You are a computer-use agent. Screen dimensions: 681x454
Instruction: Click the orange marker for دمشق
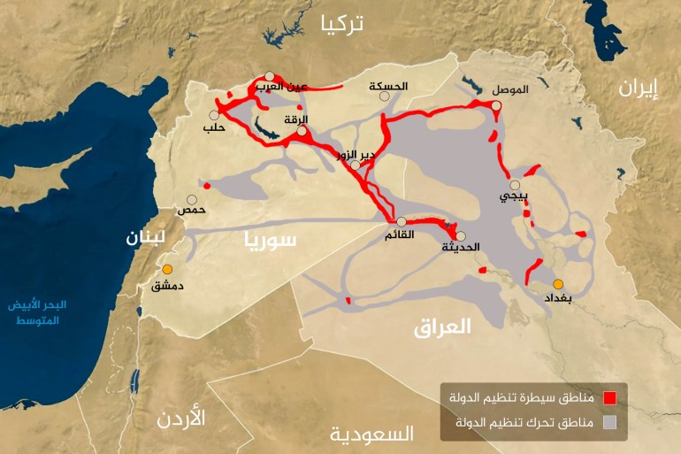[x=167, y=269]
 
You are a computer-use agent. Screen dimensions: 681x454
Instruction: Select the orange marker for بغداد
[x=558, y=284]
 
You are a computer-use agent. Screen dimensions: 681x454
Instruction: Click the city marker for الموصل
[x=497, y=105]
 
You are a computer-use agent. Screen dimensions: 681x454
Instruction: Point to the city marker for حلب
[x=214, y=115]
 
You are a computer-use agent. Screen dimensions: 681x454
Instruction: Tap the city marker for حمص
[x=192, y=200]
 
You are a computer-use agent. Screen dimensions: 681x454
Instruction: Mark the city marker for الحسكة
[x=384, y=97]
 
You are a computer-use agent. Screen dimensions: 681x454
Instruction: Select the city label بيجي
[x=512, y=197]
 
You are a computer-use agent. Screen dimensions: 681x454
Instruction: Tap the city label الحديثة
[x=461, y=248]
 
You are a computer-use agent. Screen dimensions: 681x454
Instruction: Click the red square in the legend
[x=608, y=397]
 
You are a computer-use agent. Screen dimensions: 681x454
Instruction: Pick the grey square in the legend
[x=608, y=422]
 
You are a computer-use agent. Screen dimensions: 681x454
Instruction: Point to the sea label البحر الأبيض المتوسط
[x=37, y=312]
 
